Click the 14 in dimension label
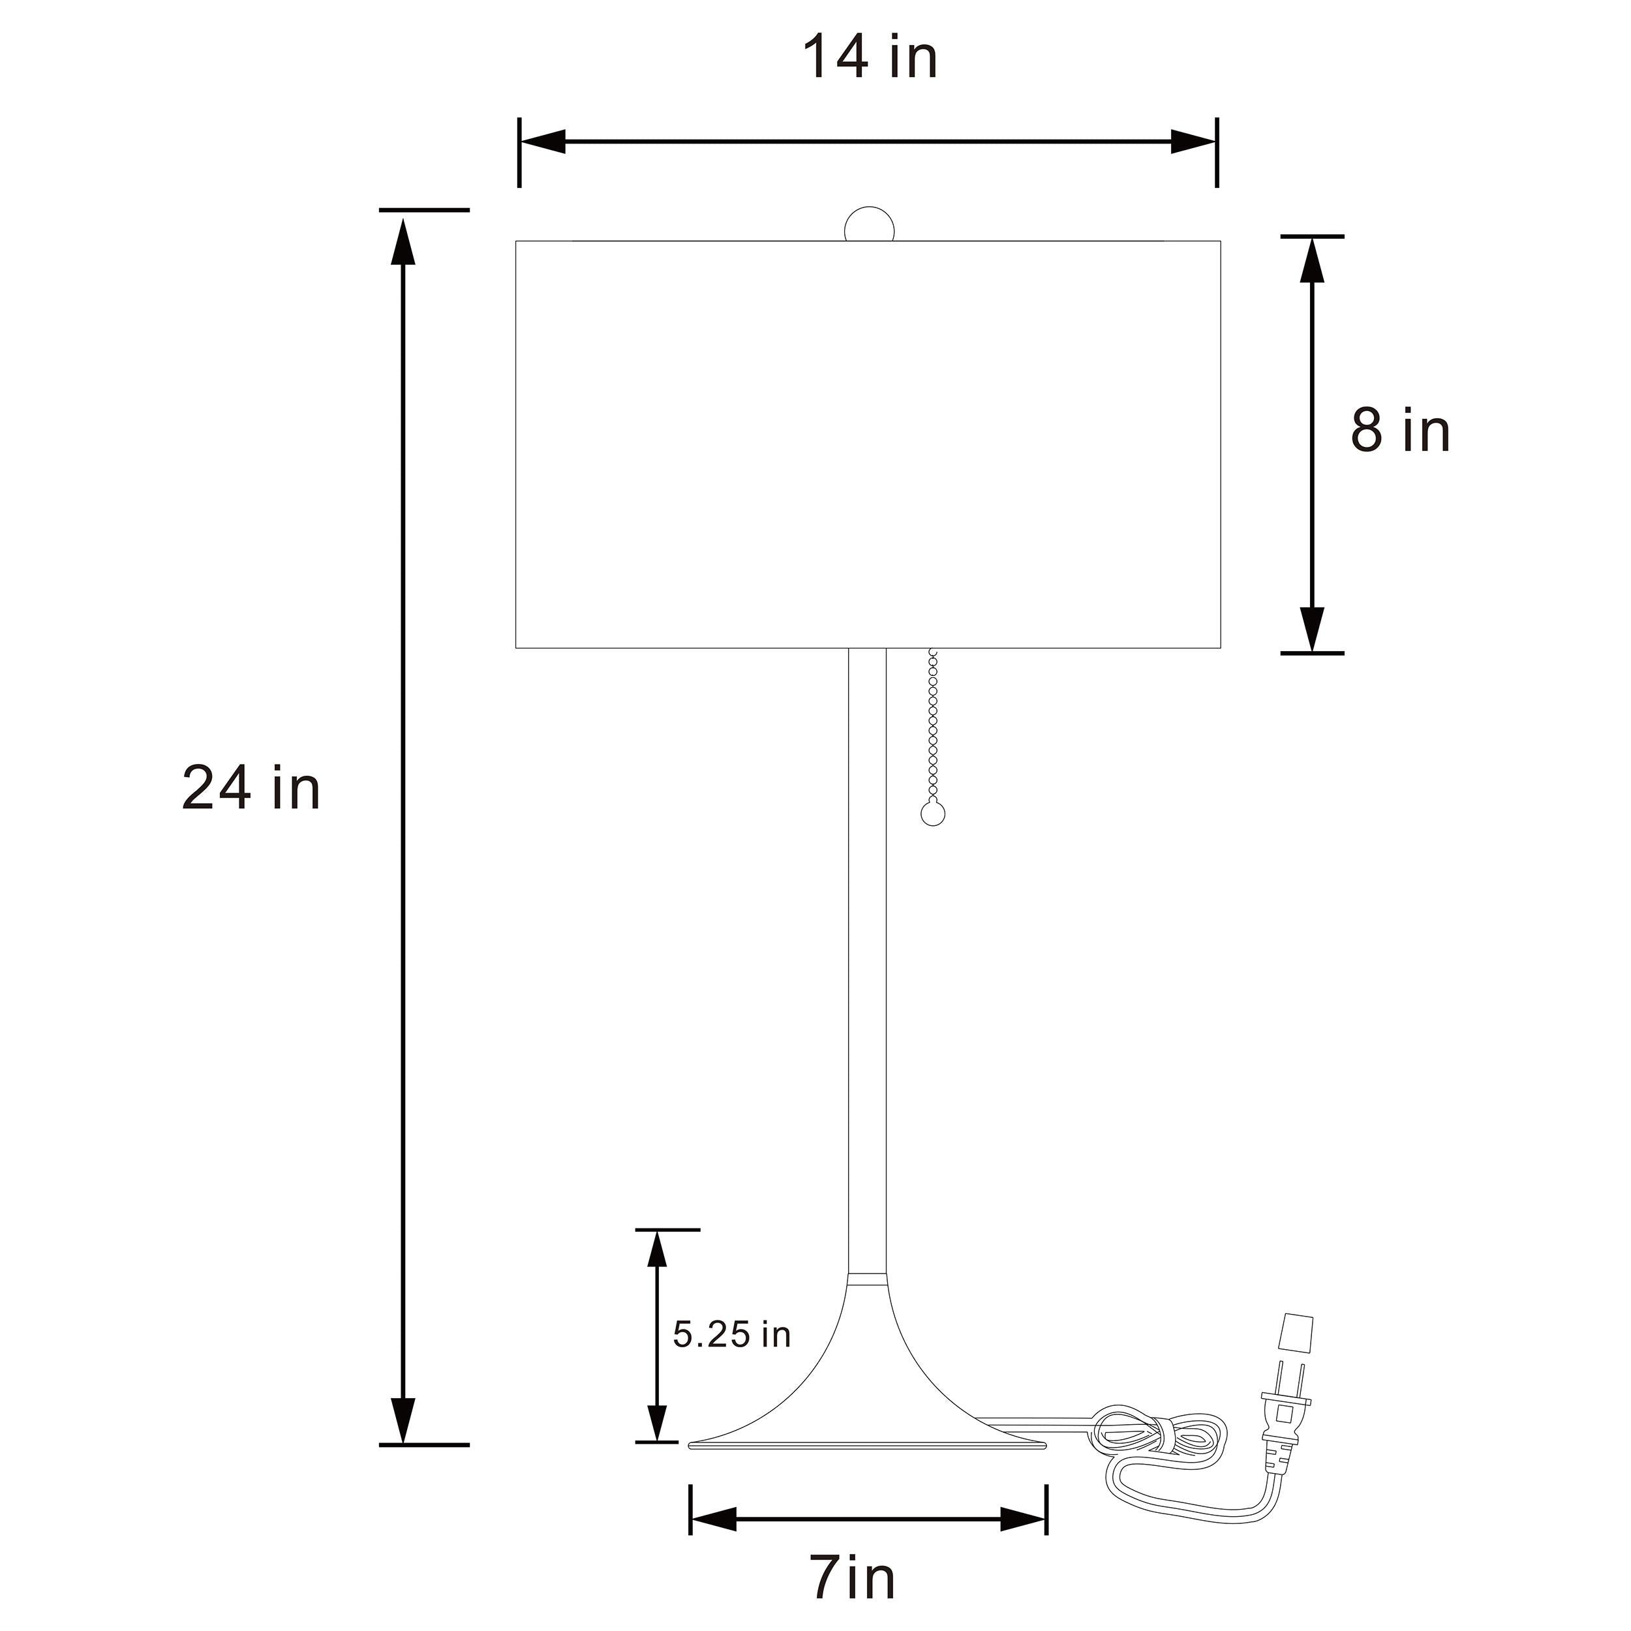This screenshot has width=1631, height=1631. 870,57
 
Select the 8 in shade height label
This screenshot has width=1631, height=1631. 1401,430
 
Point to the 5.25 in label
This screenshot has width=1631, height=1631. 732,1358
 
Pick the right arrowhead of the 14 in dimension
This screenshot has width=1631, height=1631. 1193,142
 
